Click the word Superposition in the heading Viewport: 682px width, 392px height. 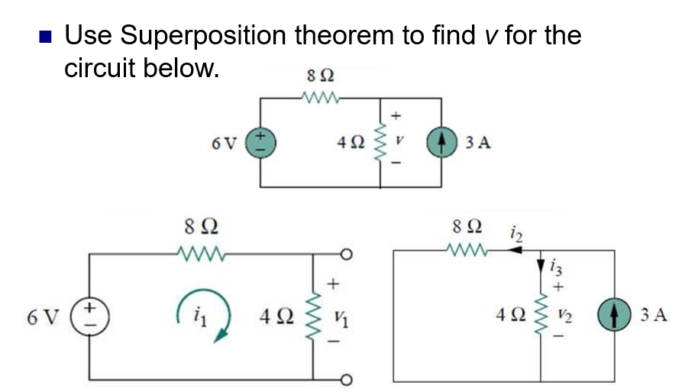coord(202,35)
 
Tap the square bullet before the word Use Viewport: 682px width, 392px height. coord(47,36)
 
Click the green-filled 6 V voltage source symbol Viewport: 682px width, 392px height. coord(260,142)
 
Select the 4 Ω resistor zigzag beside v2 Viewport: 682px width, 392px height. coord(541,315)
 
